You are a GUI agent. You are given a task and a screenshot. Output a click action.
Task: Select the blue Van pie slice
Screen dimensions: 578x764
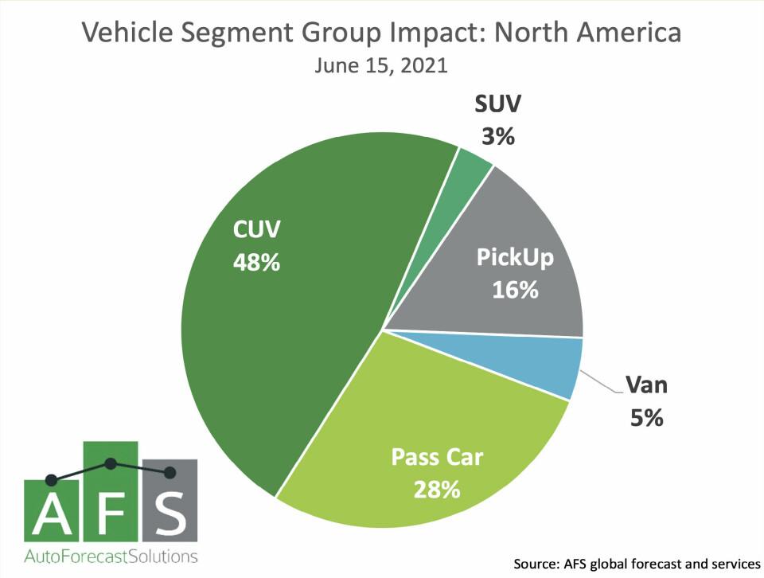click(557, 365)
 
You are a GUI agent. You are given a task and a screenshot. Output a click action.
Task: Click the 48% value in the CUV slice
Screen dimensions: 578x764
click(256, 262)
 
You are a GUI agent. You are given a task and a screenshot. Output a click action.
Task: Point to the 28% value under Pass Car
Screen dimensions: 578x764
click(437, 488)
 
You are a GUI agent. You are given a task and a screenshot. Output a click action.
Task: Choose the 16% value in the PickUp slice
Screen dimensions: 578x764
click(515, 290)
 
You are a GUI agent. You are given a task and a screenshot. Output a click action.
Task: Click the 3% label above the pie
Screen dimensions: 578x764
click(498, 136)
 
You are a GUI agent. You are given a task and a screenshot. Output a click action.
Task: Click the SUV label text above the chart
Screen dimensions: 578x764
click(498, 105)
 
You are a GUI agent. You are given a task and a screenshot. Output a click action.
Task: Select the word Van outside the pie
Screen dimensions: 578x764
click(645, 387)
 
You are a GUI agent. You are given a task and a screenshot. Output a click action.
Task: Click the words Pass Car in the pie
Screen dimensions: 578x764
click(437, 457)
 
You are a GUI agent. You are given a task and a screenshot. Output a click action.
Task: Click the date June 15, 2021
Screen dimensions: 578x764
click(381, 66)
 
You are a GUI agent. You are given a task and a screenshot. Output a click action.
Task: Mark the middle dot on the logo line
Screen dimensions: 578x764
click(111, 463)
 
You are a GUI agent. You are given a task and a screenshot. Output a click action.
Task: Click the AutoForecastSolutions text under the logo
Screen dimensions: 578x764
click(111, 555)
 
